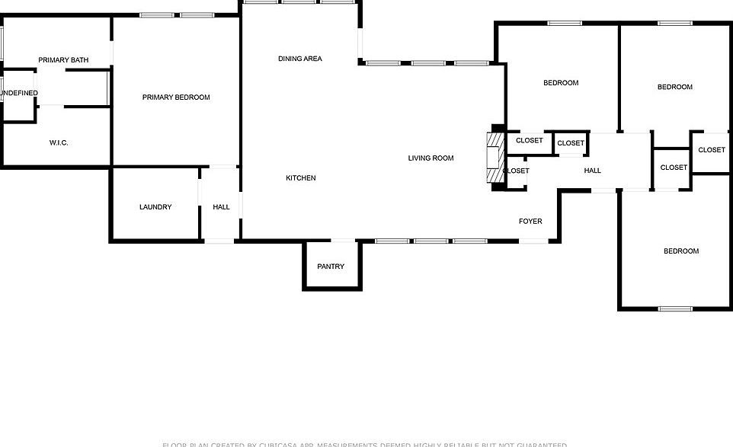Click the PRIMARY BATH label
pos(64,60)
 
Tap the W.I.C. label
pos(59,143)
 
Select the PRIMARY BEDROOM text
pos(176,97)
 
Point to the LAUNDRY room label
pos(155,207)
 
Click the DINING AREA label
pos(299,59)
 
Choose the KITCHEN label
pos(300,178)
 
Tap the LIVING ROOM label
pos(431,158)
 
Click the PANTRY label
pos(331,267)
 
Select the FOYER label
pos(530,222)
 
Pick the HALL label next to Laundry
pos(221,207)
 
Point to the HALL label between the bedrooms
pos(592,171)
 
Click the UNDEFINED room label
pos(18,94)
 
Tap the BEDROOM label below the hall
pos(680,251)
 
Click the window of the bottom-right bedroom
pos(675,308)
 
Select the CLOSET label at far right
pos(711,150)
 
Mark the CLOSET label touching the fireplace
pos(517,171)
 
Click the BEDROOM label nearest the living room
pos(561,83)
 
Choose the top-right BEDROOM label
pos(674,87)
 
